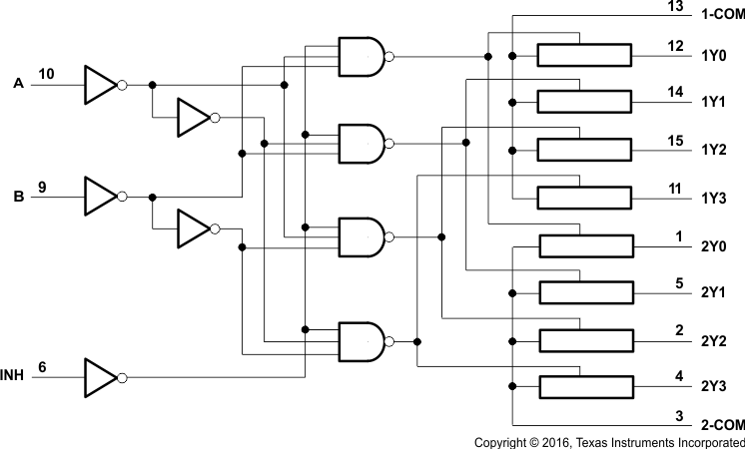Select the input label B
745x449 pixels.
tap(18, 197)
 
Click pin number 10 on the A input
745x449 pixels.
tap(46, 74)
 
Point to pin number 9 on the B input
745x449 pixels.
tap(42, 186)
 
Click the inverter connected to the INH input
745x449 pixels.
tap(101, 378)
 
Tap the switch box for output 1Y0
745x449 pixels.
tap(584, 55)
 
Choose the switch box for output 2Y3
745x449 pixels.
tap(584, 386)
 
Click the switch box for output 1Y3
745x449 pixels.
tap(584, 197)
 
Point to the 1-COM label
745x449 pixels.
tap(719, 17)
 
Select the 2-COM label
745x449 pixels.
tap(719, 423)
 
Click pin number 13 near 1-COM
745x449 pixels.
tap(676, 7)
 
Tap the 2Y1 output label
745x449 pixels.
tap(713, 293)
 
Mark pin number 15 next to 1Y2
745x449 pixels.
tap(676, 140)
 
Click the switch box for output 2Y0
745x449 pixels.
tap(584, 245)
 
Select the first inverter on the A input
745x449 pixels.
tap(101, 85)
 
